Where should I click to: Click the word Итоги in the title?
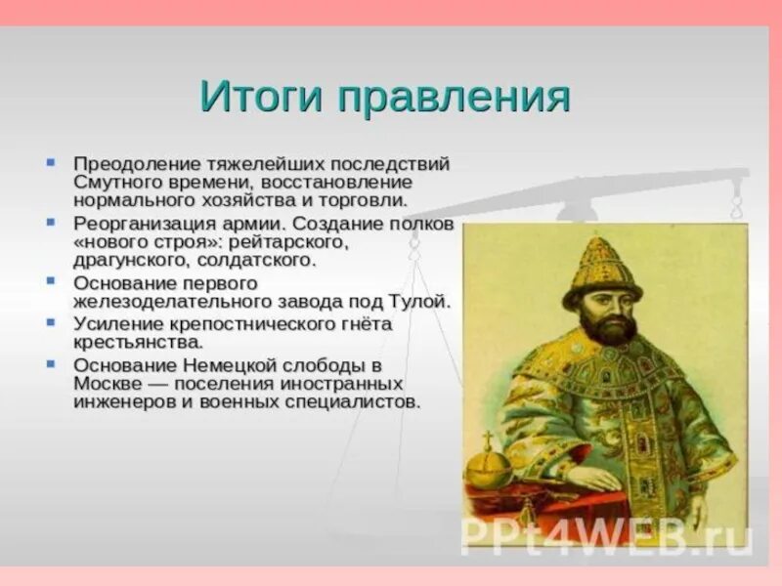(261, 96)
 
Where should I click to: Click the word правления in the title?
(454, 99)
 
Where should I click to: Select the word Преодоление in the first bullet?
(137, 164)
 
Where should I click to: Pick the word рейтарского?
(287, 242)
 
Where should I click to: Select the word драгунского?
(131, 261)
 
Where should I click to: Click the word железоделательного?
(173, 302)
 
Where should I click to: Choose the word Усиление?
(117, 324)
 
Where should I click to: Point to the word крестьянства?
(139, 343)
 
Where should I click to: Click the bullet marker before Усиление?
(51, 321)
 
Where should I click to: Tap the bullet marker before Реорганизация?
(51, 222)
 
